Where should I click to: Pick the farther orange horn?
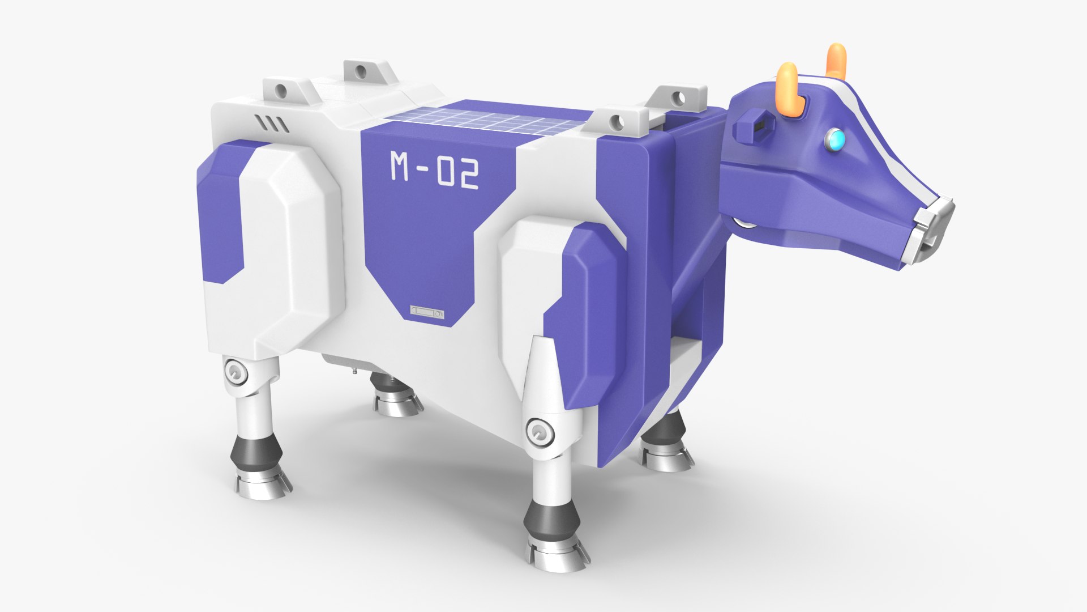point(836,61)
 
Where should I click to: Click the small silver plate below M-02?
point(427,313)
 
